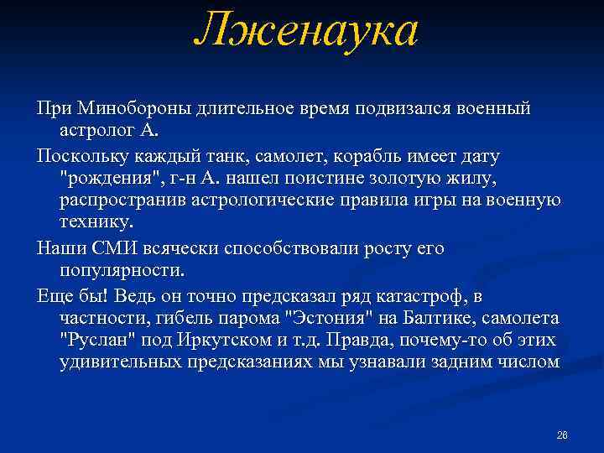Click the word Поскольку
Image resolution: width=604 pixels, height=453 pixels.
[x=77, y=156]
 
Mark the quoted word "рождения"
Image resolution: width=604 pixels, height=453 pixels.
[x=102, y=179]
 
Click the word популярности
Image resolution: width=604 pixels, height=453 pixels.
[x=122, y=271]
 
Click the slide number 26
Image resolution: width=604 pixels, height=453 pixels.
[x=562, y=435]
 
